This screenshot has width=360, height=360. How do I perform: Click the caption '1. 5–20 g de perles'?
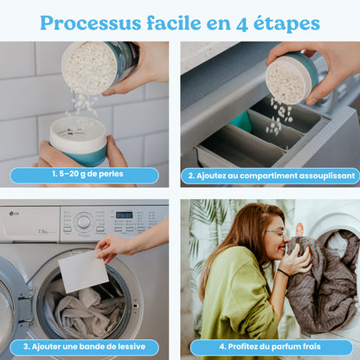[x=85, y=175]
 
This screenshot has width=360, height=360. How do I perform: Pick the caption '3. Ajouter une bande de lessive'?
[x=85, y=346]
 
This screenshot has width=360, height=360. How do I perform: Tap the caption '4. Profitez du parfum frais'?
[x=270, y=346]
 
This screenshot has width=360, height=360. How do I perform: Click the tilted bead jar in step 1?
[x=97, y=67]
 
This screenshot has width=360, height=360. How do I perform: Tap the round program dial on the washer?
[x=84, y=222]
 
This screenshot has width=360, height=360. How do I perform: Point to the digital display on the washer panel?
[x=125, y=215]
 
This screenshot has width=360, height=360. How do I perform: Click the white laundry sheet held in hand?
[x=83, y=272]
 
